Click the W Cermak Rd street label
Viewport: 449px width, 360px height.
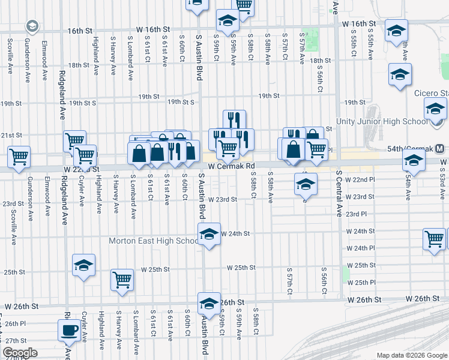[x=232, y=166]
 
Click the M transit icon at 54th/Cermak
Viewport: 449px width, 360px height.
[x=440, y=148]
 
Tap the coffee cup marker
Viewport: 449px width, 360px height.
[x=69, y=330]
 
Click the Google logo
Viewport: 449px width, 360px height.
[x=19, y=353]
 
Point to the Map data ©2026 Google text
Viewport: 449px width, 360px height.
[x=411, y=355]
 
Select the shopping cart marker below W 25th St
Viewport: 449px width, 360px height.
[x=122, y=281]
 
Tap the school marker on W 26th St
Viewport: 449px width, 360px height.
[x=209, y=304]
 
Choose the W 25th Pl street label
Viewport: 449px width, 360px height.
[x=361, y=282]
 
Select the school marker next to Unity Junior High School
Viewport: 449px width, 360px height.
[x=436, y=110]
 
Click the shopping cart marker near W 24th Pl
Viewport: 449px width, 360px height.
[x=434, y=239]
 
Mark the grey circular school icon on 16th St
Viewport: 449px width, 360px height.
[x=32, y=26]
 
